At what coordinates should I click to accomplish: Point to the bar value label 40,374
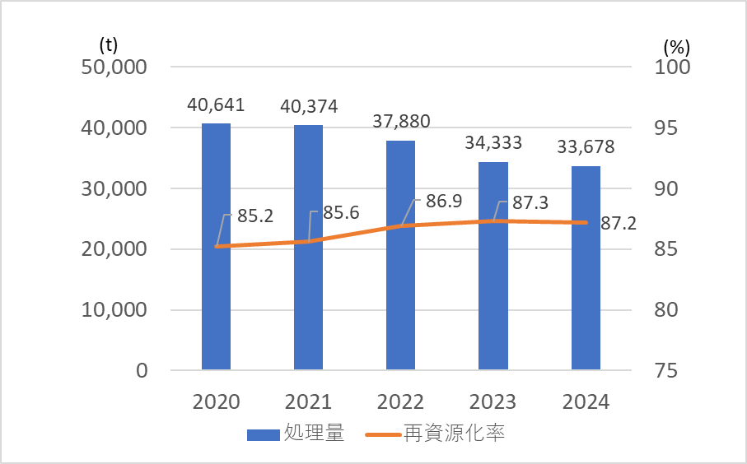(308, 107)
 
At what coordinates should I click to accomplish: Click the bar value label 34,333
(493, 144)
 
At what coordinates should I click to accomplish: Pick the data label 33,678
(586, 148)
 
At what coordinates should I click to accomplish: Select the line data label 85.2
(255, 216)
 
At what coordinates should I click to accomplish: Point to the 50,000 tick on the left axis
(114, 67)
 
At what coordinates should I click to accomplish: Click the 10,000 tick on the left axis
(114, 310)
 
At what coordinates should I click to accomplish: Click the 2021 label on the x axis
(308, 402)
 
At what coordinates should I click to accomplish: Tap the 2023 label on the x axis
(493, 402)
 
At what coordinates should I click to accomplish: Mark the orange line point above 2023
(493, 220)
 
